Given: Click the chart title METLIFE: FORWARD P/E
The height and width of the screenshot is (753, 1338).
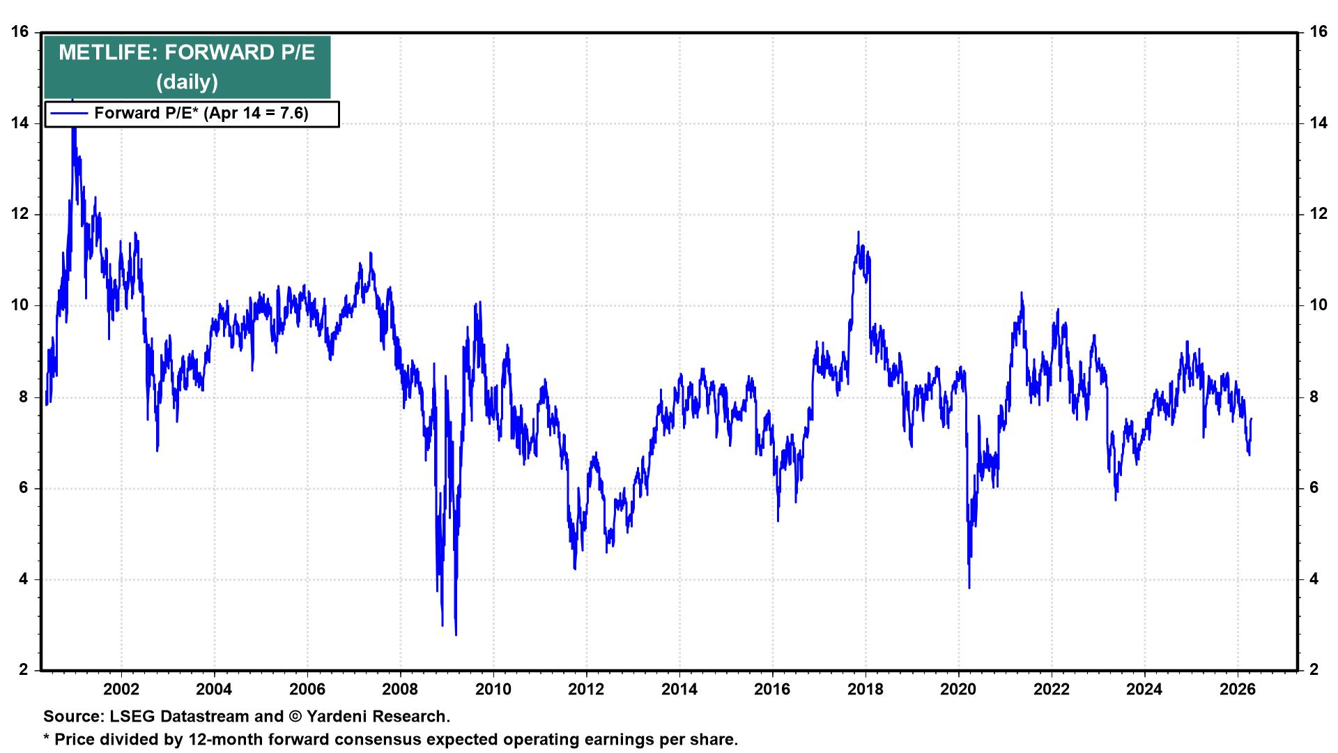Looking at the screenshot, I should click(187, 53).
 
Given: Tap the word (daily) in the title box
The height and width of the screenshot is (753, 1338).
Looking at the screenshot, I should click(187, 82).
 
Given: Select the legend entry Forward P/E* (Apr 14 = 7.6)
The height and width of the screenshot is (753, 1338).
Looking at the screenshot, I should click(201, 113).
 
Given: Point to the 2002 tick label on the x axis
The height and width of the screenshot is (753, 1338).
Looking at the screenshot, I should click(121, 690).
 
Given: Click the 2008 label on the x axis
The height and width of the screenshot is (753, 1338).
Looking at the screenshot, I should click(400, 690).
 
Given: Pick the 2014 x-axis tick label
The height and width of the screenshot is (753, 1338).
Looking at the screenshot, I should click(679, 690).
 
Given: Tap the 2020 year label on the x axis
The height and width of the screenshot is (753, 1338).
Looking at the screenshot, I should click(958, 690).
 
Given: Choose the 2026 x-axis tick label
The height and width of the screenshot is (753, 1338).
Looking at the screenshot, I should click(1237, 690).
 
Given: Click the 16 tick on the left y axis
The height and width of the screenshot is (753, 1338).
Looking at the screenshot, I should click(20, 32).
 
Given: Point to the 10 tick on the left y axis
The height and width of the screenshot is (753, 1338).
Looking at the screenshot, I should click(20, 305).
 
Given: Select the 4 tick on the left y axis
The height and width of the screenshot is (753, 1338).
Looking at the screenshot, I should click(24, 579).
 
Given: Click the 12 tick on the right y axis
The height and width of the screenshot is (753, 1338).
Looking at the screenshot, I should click(1318, 214).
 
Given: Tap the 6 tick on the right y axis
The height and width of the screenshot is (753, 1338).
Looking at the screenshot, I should click(1314, 488).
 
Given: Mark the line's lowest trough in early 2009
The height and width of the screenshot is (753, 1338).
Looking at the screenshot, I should click(456, 634).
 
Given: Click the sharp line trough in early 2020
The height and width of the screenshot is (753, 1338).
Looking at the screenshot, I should click(969, 588).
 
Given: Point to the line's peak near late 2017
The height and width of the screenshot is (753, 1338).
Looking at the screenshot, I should click(858, 232).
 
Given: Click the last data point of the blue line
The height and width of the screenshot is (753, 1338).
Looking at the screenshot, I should click(1252, 419).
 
